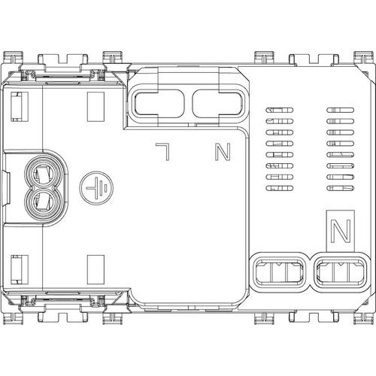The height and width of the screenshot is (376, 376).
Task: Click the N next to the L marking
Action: tap(223, 152)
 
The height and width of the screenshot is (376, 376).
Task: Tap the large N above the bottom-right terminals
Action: tap(341, 231)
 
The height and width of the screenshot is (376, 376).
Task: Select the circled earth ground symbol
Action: tap(96, 188)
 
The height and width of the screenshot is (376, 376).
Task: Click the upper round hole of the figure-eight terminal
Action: tap(43, 173)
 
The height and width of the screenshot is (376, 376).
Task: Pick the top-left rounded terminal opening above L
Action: tap(158, 104)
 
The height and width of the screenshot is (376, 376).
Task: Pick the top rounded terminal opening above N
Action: tap(217, 104)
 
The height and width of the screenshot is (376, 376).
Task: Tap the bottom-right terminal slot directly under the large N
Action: tap(340, 272)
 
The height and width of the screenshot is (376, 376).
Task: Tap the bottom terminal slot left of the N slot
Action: tap(279, 272)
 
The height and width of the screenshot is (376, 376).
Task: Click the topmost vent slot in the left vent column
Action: tap(279, 110)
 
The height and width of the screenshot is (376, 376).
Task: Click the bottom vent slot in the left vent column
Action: tap(279, 188)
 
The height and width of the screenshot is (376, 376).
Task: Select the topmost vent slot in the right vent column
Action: tap(341, 110)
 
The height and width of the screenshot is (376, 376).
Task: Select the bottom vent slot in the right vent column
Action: tap(341, 188)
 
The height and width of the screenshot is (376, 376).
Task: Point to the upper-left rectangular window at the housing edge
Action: tap(20, 107)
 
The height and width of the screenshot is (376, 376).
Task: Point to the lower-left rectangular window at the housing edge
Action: tap(20, 270)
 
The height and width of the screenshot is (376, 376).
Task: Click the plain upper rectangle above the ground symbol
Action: tap(96, 107)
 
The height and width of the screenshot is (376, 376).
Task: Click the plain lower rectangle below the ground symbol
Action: tap(96, 270)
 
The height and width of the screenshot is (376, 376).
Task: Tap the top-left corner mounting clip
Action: tap(13, 57)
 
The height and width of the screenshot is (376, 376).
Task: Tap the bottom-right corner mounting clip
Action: tap(363, 318)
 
